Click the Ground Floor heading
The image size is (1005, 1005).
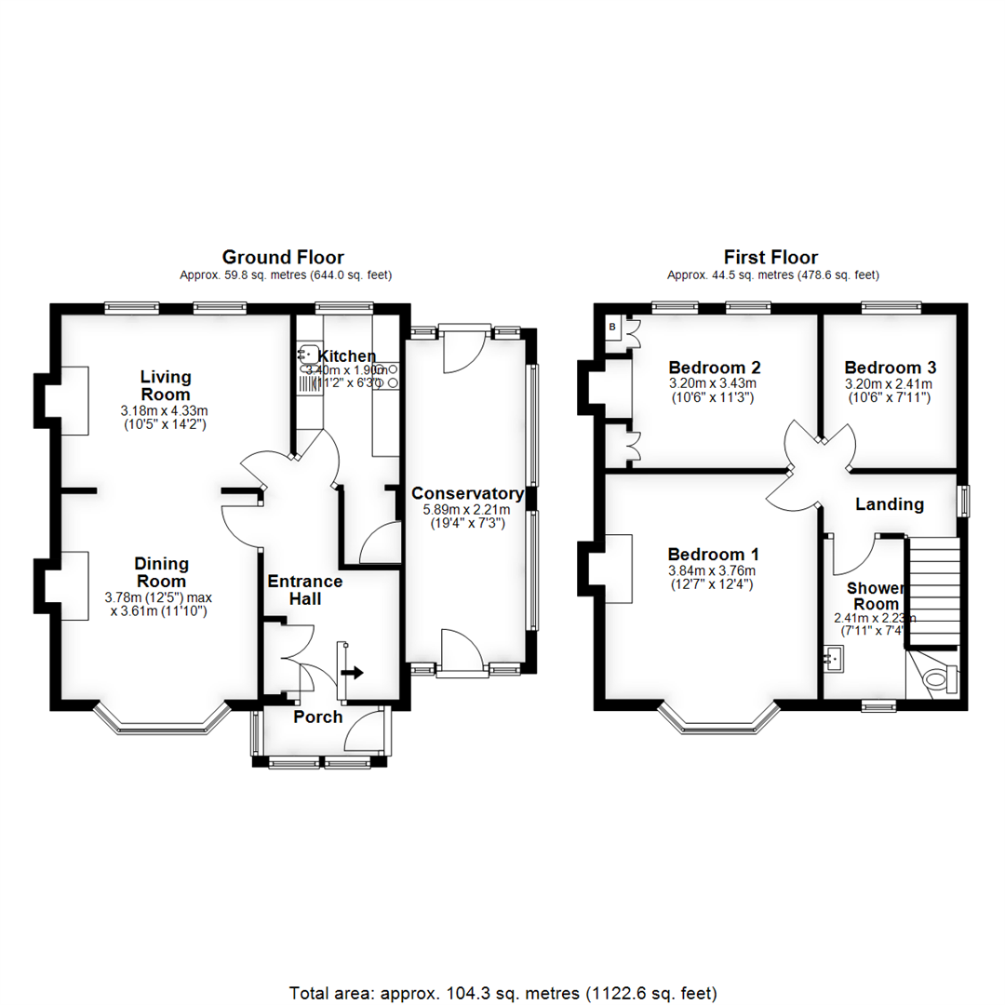coord(283,257)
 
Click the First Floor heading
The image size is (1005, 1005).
coord(771,257)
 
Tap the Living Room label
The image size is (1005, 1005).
coord(166,385)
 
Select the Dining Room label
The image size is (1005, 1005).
coord(162,572)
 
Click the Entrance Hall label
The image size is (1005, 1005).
coord(305,590)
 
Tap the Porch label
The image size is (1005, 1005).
coord(318,717)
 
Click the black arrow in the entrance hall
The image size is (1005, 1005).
coord(353,671)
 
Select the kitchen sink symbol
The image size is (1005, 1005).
coord(308,355)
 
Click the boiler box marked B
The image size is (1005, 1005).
coord(613,328)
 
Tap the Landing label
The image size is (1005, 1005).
coord(890,504)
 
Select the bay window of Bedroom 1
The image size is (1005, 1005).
coord(718,717)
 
